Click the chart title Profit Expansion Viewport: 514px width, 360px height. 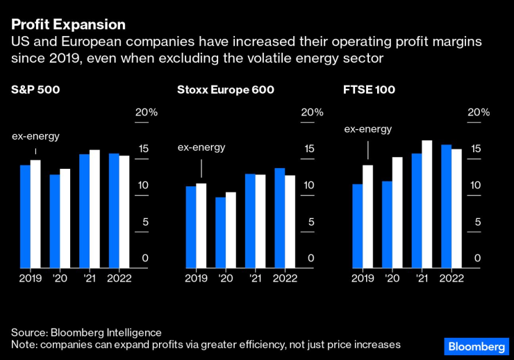click(68, 24)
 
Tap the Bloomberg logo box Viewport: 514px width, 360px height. click(476, 346)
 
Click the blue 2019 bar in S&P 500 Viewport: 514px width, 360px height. click(25, 216)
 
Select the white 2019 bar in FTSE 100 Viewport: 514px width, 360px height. click(368, 216)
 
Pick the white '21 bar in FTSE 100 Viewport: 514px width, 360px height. click(427, 204)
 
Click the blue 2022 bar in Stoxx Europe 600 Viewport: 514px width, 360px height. click(279, 218)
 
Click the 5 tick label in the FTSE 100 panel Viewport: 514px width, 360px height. click(477, 222)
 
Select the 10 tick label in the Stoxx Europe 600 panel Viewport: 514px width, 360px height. click(310, 186)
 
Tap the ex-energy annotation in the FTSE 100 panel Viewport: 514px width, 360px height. click(368, 129)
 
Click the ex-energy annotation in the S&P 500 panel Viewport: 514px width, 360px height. click(36, 136)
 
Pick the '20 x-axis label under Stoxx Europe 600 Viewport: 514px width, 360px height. click(225, 278)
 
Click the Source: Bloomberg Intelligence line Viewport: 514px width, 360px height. click(86, 333)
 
